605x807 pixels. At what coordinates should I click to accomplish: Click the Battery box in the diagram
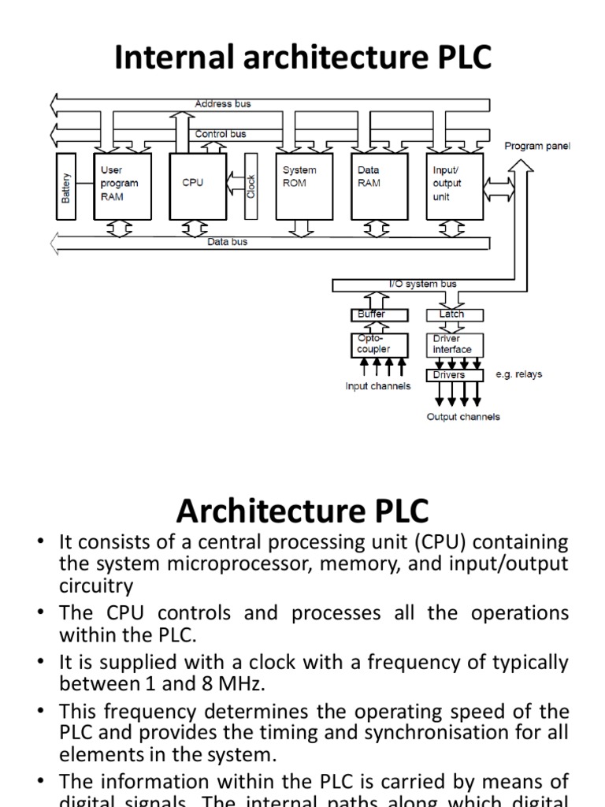pos(67,186)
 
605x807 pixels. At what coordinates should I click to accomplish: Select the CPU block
pos(193,186)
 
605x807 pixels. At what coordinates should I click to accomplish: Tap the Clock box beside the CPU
pos(251,186)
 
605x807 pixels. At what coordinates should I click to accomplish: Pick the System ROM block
pos(304,186)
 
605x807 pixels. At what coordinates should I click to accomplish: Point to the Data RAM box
pos(379,186)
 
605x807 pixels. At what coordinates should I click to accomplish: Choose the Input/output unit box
pos(453,186)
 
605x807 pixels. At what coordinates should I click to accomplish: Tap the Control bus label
pos(221,134)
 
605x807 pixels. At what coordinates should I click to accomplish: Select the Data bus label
pos(227,242)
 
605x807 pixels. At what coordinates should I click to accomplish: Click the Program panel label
pos(537,146)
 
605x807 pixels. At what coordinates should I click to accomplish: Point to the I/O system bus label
pos(423,284)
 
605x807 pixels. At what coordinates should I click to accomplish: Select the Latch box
pos(453,314)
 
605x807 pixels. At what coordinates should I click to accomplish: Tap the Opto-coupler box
pos(380,344)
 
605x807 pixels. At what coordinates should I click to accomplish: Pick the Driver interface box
pos(455,344)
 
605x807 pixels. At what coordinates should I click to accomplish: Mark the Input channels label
pos(378,386)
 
